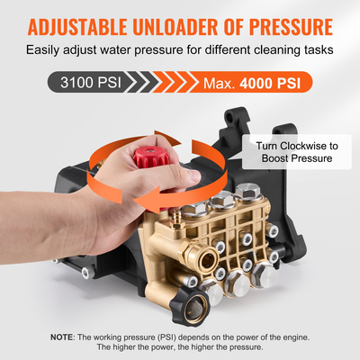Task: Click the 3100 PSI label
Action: pos(87,84)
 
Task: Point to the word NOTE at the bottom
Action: pos(63,337)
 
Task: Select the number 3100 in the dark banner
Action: pos(76,84)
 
